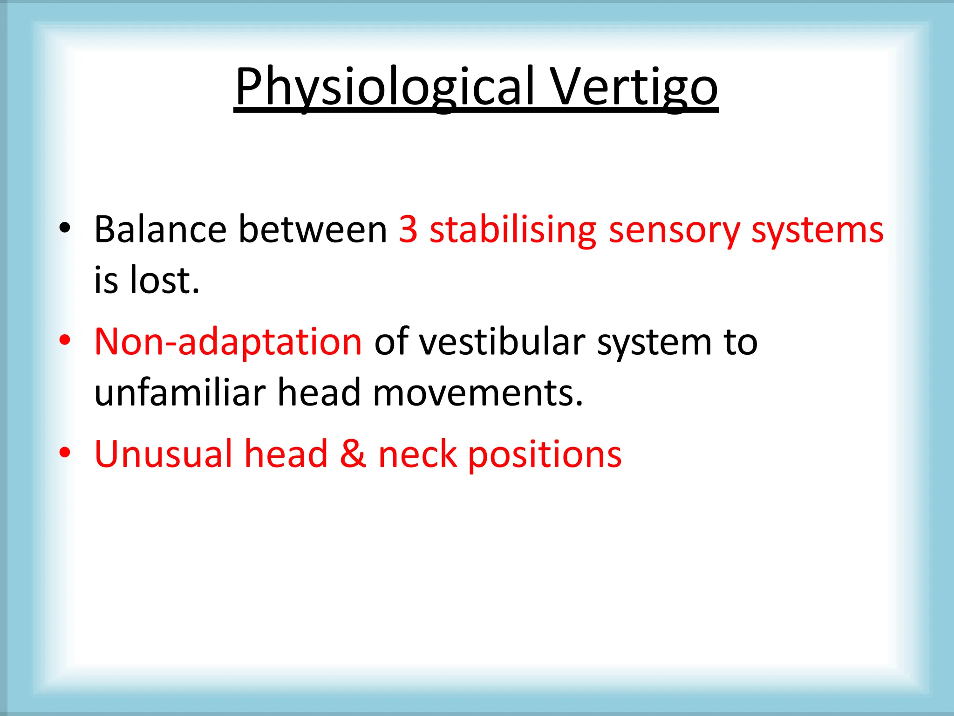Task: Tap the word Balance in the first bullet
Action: pos(160,229)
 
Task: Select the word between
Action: pos(313,229)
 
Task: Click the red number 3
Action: pos(408,229)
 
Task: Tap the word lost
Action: pos(164,280)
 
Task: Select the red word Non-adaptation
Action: pos(228,342)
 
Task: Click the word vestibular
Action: pos(502,342)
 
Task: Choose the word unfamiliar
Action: pos(180,392)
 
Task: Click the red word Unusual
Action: pos(164,454)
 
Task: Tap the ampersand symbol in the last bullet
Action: pos(353,454)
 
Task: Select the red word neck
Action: pos(417,454)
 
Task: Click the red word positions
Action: pos(545,455)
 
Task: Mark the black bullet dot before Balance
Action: pos(65,228)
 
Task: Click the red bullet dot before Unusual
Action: pos(65,452)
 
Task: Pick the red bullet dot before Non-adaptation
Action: pos(65,340)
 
